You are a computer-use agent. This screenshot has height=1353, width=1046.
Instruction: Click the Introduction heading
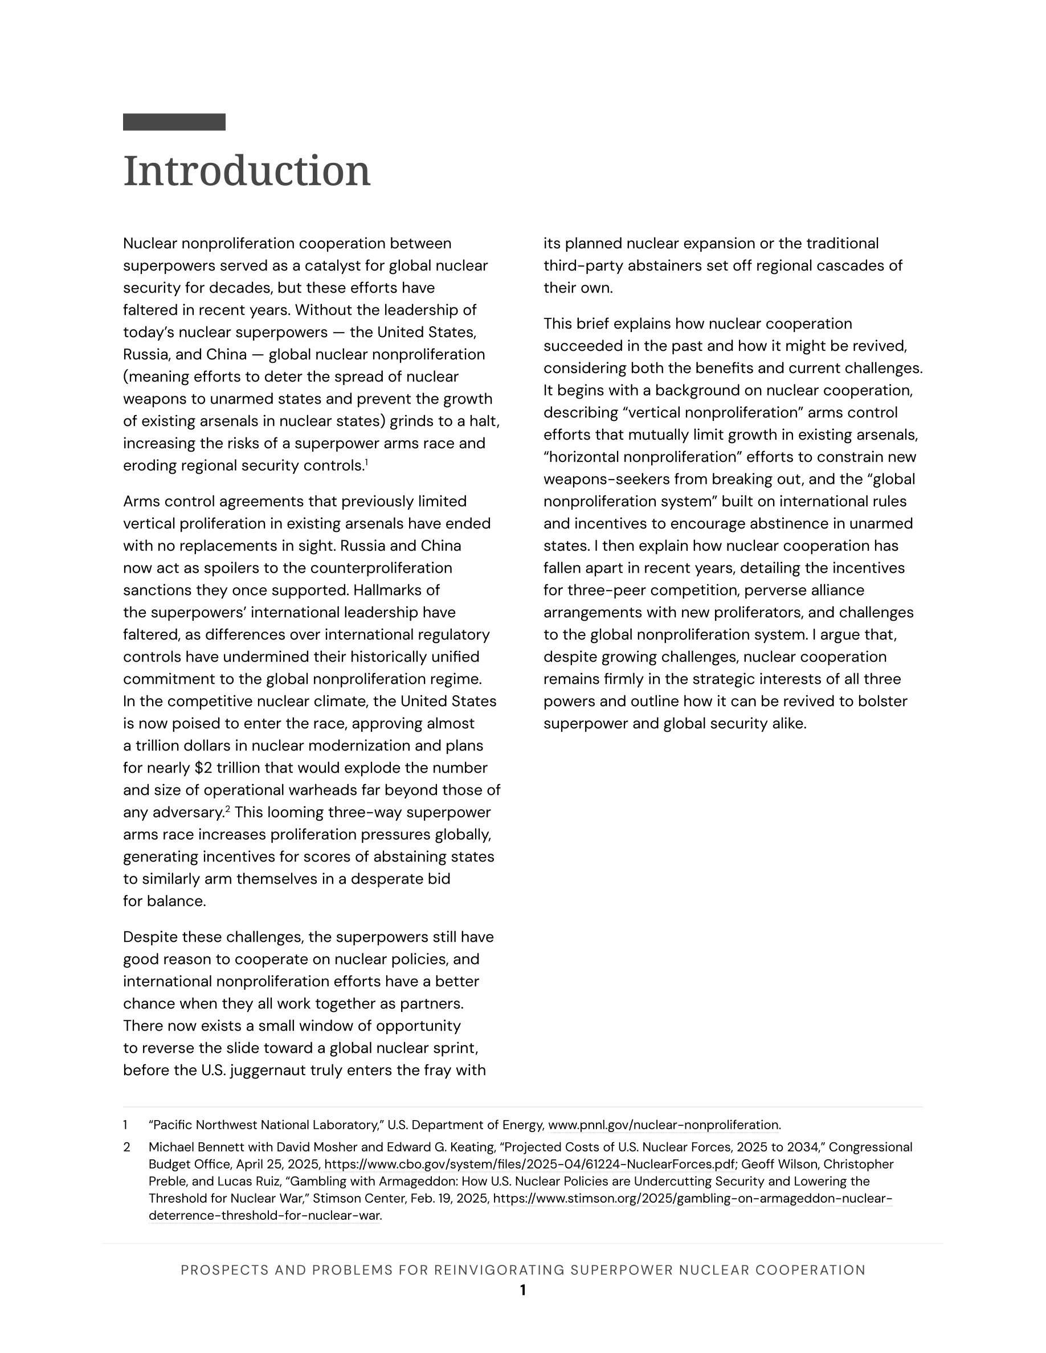click(x=247, y=171)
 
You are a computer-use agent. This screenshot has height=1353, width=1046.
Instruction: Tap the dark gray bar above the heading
click(x=174, y=122)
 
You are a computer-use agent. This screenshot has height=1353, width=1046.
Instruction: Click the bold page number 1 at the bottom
click(x=523, y=1290)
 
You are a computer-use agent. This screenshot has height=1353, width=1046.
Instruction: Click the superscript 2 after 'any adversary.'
click(x=228, y=809)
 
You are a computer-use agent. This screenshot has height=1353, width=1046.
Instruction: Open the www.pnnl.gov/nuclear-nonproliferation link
click(x=664, y=1125)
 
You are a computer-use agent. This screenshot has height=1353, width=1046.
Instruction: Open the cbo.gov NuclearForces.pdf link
click(x=530, y=1165)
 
